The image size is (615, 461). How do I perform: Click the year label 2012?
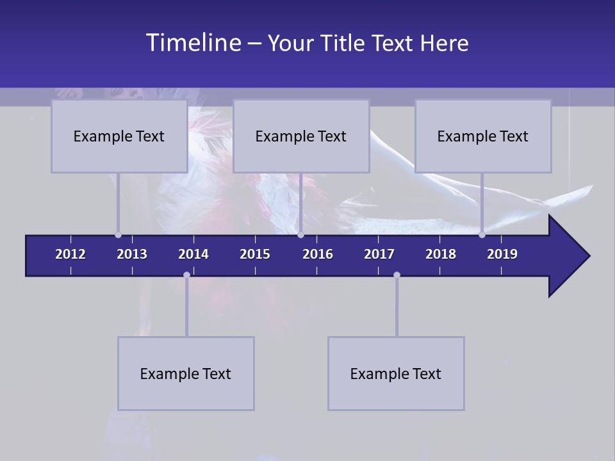tap(70, 254)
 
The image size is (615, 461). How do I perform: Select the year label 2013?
tap(132, 254)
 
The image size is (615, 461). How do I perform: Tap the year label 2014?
tap(193, 254)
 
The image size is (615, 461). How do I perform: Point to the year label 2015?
tap(255, 254)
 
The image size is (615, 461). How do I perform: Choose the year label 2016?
tap(318, 254)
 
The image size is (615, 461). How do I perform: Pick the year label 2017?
tap(379, 254)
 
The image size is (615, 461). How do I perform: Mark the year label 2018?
tap(441, 254)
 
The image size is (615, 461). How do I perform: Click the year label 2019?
tap(502, 254)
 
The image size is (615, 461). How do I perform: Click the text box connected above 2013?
tap(119, 136)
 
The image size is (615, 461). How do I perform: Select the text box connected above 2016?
tap(301, 136)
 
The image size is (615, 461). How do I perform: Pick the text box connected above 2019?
tap(483, 136)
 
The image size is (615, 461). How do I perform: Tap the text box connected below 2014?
tap(186, 373)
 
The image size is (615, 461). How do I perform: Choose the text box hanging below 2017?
tap(396, 373)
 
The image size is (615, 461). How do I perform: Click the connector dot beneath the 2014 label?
tap(186, 275)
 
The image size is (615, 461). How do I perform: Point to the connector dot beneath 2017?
tap(397, 275)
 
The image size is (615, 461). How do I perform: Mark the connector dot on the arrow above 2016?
tap(300, 235)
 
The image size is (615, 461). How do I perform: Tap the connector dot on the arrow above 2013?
tap(118, 235)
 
